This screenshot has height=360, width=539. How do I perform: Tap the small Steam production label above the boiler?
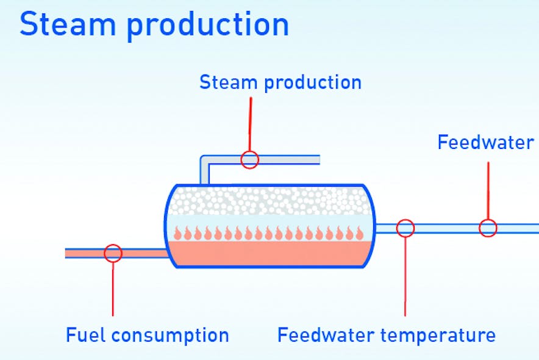coord(280,82)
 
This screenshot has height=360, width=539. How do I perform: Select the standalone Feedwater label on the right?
coord(485,142)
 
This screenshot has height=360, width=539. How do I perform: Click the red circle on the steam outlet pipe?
coord(249,160)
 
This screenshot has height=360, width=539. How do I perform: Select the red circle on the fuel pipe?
coord(113,253)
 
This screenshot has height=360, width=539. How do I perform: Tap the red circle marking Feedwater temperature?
coord(405,228)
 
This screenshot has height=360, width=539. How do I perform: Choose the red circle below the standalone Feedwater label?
coord(487,228)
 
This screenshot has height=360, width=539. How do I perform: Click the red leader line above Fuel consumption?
coord(113,290)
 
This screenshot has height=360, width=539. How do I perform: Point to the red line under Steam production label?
coord(250,122)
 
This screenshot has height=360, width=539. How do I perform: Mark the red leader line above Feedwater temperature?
coord(405,275)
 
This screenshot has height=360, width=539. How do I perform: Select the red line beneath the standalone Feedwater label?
coord(488,189)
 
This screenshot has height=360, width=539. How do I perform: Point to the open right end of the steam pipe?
coord(317,160)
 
